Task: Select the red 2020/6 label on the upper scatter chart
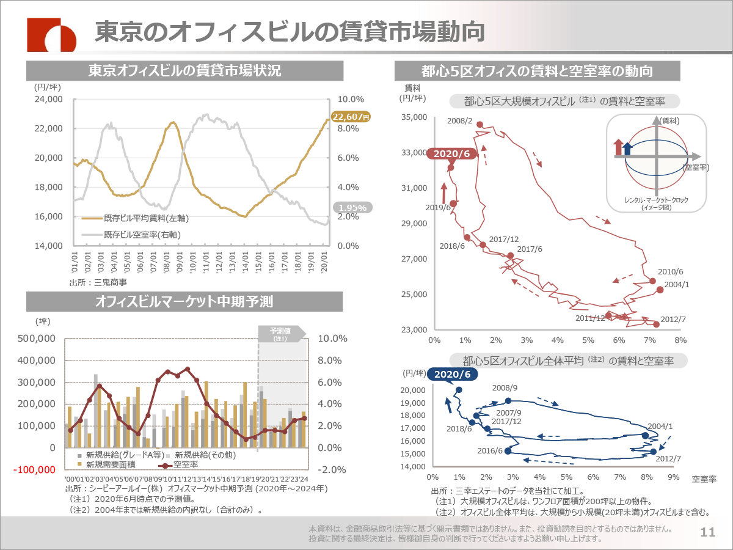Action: point(452,153)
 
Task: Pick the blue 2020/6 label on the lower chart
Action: point(452,374)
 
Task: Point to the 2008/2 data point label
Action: point(460,121)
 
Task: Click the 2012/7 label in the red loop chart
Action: point(674,320)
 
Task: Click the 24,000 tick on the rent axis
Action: point(47,99)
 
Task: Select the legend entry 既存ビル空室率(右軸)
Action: point(142,234)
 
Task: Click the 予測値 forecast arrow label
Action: point(280,333)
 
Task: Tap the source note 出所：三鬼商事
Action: point(97,283)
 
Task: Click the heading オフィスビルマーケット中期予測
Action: point(184,301)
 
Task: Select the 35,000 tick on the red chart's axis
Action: point(415,117)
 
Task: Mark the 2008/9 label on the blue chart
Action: point(505,387)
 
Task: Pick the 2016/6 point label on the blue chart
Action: point(489,450)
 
